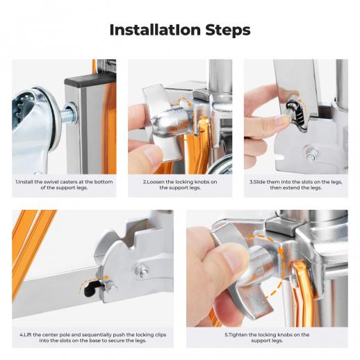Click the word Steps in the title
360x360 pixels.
tap(228, 31)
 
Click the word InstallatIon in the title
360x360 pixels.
tap(155, 30)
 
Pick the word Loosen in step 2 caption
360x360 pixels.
tap(156, 182)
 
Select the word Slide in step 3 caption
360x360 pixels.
tap(259, 182)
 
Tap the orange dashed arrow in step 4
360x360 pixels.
tap(92, 279)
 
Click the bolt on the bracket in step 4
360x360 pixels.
tap(142, 270)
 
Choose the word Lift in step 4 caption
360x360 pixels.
tap(28, 335)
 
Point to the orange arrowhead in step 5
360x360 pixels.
tap(280, 252)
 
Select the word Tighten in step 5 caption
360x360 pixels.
tap(238, 335)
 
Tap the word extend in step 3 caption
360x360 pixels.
tap(288, 188)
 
